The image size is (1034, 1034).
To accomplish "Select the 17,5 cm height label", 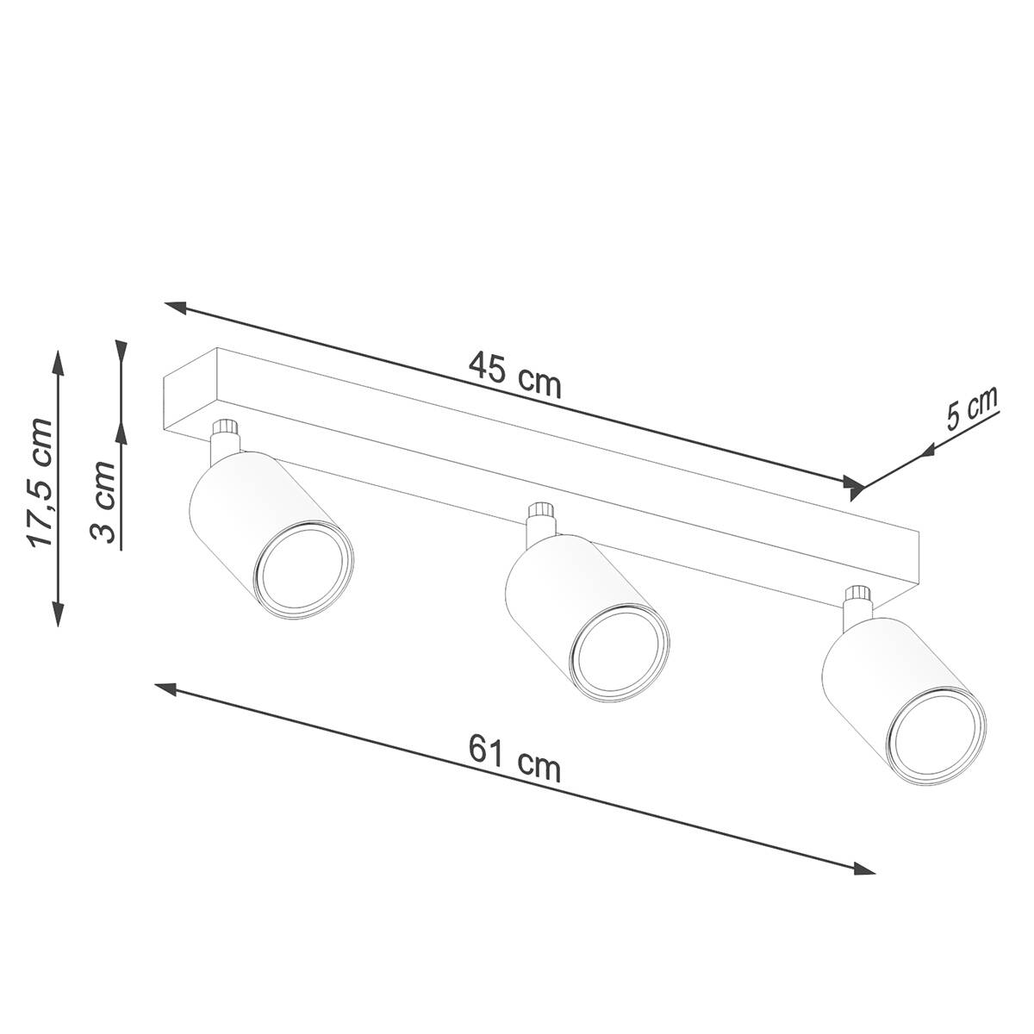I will pos(41,482).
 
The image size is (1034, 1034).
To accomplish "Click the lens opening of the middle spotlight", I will pos(619,653).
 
